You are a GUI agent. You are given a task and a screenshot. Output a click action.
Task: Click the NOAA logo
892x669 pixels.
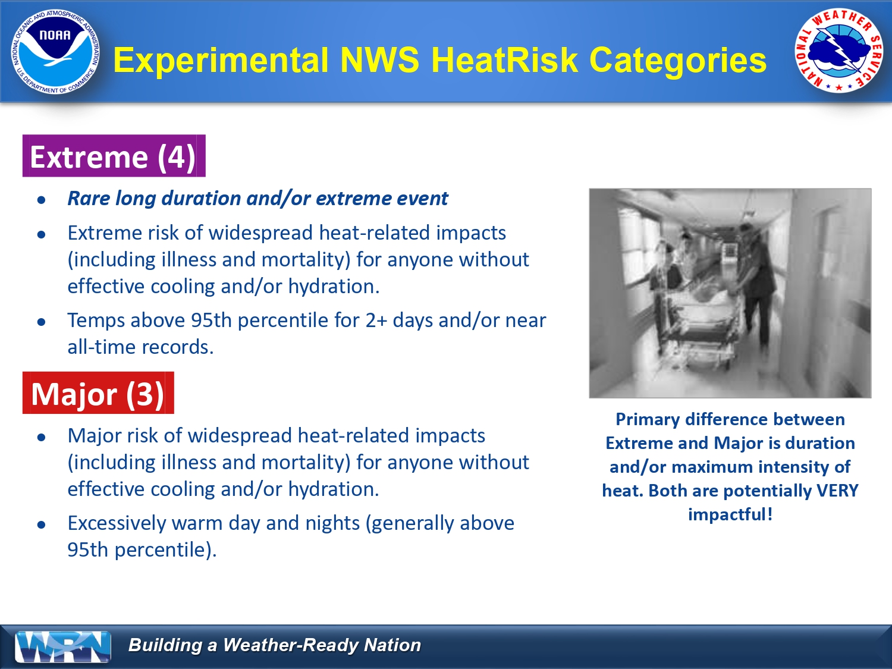(x=55, y=52)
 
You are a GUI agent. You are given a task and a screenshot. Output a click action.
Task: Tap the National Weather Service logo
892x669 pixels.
(x=838, y=51)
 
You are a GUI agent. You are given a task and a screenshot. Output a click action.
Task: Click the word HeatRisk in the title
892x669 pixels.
(x=505, y=60)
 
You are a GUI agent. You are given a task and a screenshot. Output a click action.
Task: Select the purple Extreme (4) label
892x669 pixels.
(x=114, y=156)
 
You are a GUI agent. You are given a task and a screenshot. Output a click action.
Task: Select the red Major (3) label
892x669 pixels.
(x=98, y=393)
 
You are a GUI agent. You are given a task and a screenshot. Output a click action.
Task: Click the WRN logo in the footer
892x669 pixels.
(x=63, y=646)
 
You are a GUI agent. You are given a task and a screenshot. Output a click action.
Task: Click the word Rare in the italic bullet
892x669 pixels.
(x=89, y=199)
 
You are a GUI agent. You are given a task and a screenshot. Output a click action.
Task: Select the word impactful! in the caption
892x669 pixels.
(x=730, y=515)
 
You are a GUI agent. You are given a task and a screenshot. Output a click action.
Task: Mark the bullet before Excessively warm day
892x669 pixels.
(x=41, y=524)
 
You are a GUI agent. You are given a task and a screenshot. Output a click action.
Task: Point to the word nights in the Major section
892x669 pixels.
(x=332, y=524)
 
